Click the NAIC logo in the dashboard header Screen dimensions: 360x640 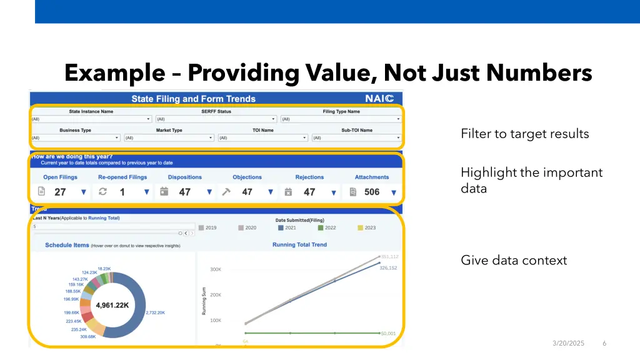pyautogui.click(x=379, y=99)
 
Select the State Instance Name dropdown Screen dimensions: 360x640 pyautogui.click(x=91, y=119)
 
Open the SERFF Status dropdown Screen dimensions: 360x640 pyautogui.click(x=216, y=119)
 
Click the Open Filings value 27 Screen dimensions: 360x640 pyautogui.click(x=60, y=192)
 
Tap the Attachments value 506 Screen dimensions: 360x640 pyautogui.click(x=372, y=192)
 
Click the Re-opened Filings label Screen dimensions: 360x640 pyautogui.click(x=122, y=177)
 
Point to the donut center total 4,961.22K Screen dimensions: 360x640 pyautogui.click(x=112, y=306)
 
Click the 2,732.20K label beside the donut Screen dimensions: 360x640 pyautogui.click(x=155, y=312)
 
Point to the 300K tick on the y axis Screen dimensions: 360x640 pyautogui.click(x=215, y=269)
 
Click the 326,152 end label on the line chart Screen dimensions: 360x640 pyautogui.click(x=388, y=268)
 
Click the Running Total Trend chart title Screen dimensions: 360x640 pyautogui.click(x=299, y=245)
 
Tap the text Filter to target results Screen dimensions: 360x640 pyautogui.click(x=524, y=134)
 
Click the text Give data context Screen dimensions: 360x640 pyautogui.click(x=514, y=261)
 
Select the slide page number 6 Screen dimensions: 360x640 pyautogui.click(x=604, y=343)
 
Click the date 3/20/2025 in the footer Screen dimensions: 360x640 pyautogui.click(x=568, y=343)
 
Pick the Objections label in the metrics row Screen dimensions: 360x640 pyautogui.click(x=247, y=177)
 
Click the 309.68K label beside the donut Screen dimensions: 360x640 pyautogui.click(x=87, y=337)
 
